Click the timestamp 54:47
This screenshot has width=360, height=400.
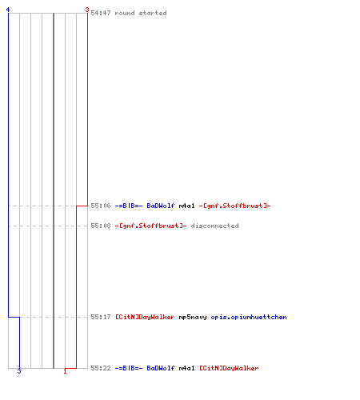click(x=101, y=13)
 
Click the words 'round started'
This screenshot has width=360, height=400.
click(x=141, y=13)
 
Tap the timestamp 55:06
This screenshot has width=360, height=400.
click(x=101, y=206)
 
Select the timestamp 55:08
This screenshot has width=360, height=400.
click(x=101, y=226)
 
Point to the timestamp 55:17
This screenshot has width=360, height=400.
click(x=101, y=317)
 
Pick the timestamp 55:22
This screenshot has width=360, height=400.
click(x=101, y=368)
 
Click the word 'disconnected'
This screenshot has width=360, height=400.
click(x=214, y=226)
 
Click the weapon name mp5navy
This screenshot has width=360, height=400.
click(x=193, y=317)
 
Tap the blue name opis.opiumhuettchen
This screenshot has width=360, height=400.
click(x=249, y=317)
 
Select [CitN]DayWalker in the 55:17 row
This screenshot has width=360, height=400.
click(x=145, y=317)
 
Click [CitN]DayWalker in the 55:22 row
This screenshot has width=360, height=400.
click(x=229, y=368)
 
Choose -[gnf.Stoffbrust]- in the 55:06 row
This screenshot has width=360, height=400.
click(x=234, y=206)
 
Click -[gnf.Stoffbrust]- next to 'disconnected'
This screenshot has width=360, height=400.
click(x=150, y=226)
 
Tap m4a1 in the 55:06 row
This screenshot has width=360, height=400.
click(x=186, y=206)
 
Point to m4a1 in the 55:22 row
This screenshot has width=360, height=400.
click(x=186, y=368)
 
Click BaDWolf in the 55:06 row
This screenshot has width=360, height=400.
click(x=161, y=206)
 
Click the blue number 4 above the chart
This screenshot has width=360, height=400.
click(x=8, y=10)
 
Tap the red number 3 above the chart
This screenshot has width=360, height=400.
click(x=87, y=10)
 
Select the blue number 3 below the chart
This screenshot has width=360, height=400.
click(x=19, y=371)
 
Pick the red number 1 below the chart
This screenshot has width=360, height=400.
click(x=65, y=371)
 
